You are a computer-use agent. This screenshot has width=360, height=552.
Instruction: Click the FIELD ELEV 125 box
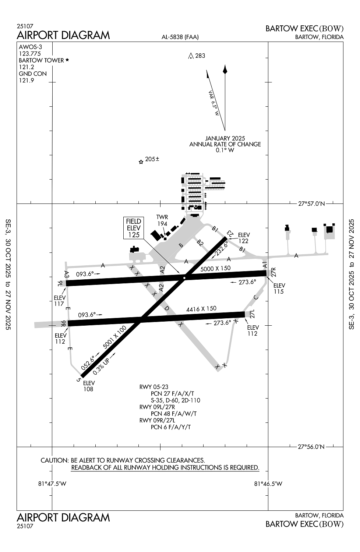(x=134, y=228)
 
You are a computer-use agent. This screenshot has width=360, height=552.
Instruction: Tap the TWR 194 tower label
(x=162, y=220)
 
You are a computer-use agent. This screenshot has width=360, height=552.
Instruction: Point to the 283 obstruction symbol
(x=191, y=56)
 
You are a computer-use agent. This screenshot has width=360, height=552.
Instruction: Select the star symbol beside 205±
(x=141, y=162)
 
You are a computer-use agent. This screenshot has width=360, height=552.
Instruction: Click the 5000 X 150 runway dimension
(x=215, y=269)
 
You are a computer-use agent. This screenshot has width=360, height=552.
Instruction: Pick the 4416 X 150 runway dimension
(x=201, y=309)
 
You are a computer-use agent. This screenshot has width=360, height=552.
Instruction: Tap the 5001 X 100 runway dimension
(x=115, y=337)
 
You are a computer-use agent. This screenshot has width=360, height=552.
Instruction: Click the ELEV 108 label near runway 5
(x=89, y=386)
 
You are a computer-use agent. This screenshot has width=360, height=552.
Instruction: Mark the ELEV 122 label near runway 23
(x=244, y=238)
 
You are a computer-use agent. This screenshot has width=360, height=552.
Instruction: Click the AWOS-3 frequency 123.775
(x=29, y=54)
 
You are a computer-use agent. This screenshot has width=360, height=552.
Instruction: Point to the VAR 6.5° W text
(x=214, y=103)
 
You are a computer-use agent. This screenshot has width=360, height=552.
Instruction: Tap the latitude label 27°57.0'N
(x=311, y=204)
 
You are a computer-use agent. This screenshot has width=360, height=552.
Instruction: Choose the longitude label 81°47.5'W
(x=52, y=484)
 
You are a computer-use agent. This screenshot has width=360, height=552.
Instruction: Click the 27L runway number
(x=252, y=314)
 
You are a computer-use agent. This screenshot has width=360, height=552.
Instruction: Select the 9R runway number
(x=63, y=323)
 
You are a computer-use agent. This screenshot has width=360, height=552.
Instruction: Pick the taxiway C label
(x=256, y=297)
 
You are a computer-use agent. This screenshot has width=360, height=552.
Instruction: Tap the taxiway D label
(x=166, y=308)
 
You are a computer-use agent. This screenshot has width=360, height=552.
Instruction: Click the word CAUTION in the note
(x=54, y=460)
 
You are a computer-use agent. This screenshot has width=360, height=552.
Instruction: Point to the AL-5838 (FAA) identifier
(x=180, y=37)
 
